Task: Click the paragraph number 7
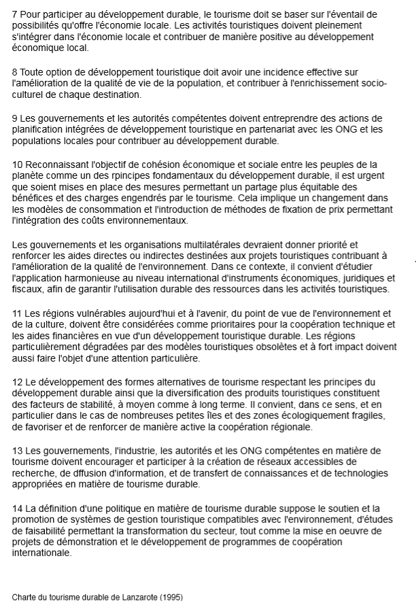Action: (15, 14)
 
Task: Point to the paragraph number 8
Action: (15, 71)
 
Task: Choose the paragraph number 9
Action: (15, 118)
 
